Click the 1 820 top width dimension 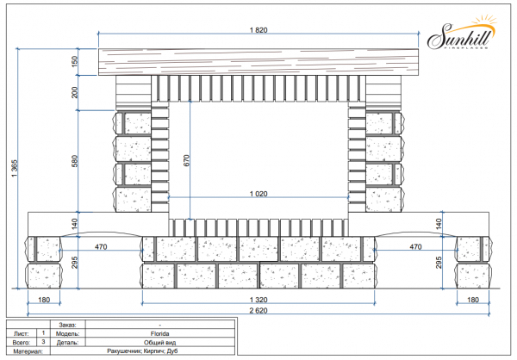(258, 30)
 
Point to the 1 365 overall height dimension (15, 168)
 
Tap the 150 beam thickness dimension (75, 61)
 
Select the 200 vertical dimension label (75, 92)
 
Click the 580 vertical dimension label (75, 161)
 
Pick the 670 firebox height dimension (187, 160)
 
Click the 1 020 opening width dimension (258, 194)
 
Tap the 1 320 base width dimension (258, 300)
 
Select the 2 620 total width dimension (258, 311)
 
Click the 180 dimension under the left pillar (44, 300)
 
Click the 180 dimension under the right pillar (473, 300)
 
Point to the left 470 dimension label (101, 246)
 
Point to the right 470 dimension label (415, 246)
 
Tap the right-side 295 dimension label (439, 263)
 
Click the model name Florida (160, 333)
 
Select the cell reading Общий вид (160, 343)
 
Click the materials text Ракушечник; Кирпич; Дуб (142, 351)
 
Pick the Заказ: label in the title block (67, 325)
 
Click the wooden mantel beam (258, 62)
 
